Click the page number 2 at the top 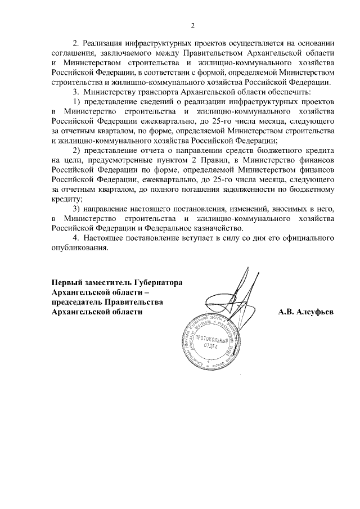pyautogui.click(x=192, y=25)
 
